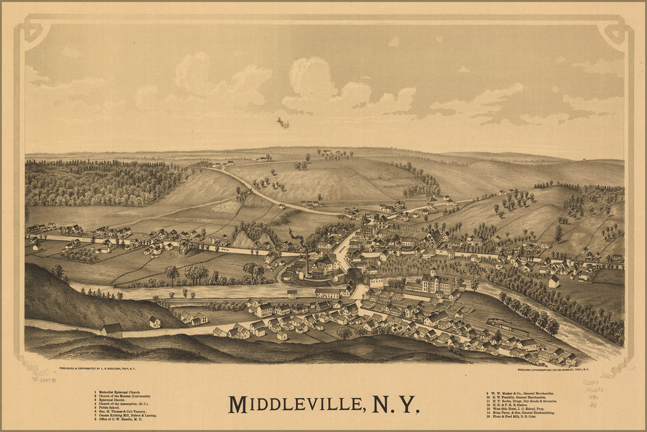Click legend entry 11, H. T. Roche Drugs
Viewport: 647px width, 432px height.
click(x=521, y=401)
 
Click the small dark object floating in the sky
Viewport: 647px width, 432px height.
click(x=282, y=123)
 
